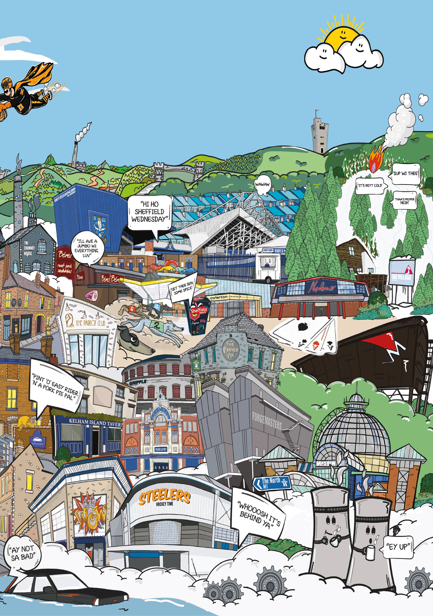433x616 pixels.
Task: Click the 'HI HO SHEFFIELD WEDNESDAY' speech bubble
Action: click(x=149, y=212)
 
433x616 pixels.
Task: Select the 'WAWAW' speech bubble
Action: click(x=262, y=185)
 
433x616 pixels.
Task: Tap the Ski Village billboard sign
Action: click(x=402, y=273)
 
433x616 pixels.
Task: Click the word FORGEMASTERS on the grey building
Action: click(x=267, y=421)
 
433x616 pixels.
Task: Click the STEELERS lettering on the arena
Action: click(x=165, y=496)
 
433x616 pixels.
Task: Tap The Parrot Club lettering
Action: click(x=90, y=323)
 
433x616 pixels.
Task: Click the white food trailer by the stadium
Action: click(x=268, y=267)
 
